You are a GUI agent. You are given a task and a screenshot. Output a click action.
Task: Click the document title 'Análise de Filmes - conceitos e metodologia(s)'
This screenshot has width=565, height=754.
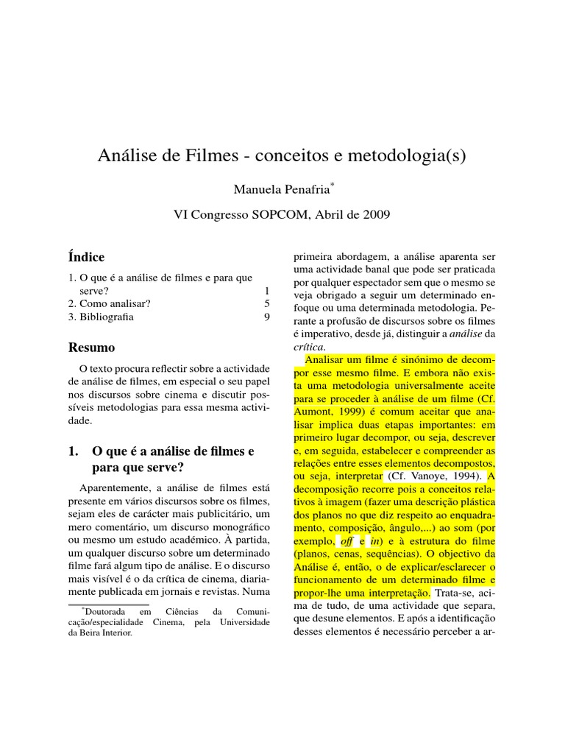tap(282, 157)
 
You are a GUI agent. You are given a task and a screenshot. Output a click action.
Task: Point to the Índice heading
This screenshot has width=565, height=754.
tap(86, 257)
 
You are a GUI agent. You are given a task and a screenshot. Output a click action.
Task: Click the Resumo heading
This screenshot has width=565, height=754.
tap(91, 347)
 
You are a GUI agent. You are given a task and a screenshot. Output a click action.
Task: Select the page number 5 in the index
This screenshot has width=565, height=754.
tap(267, 303)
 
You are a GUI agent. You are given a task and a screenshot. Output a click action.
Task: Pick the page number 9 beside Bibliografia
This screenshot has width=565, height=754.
tap(267, 318)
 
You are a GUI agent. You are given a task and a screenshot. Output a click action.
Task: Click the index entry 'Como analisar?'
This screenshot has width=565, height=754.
tap(114, 303)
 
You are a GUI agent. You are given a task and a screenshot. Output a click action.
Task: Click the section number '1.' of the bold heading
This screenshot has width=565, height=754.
tap(74, 451)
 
